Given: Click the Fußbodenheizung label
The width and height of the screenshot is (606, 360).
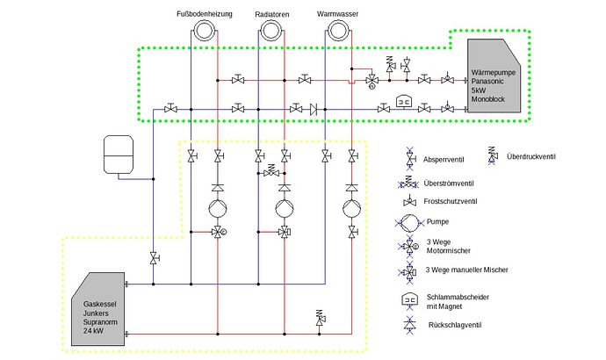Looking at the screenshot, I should [204, 14].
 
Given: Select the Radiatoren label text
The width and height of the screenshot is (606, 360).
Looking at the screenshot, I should [272, 14].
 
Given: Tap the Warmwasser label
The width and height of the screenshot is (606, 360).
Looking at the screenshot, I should [337, 14].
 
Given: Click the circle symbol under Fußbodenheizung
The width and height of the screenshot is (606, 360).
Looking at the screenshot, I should [204, 31].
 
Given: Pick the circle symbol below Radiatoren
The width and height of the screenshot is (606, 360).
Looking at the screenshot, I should [272, 31].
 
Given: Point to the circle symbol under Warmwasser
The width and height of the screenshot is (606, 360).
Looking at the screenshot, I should [338, 31].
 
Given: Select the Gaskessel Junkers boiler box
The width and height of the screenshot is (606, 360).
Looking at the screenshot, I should [97, 308].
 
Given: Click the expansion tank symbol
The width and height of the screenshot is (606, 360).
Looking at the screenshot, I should [117, 154].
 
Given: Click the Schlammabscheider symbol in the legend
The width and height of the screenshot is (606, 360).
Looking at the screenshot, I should [410, 299].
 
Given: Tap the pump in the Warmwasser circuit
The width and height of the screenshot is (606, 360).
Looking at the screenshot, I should [351, 210].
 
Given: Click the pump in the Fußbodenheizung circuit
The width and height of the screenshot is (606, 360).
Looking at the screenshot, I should [217, 210].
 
